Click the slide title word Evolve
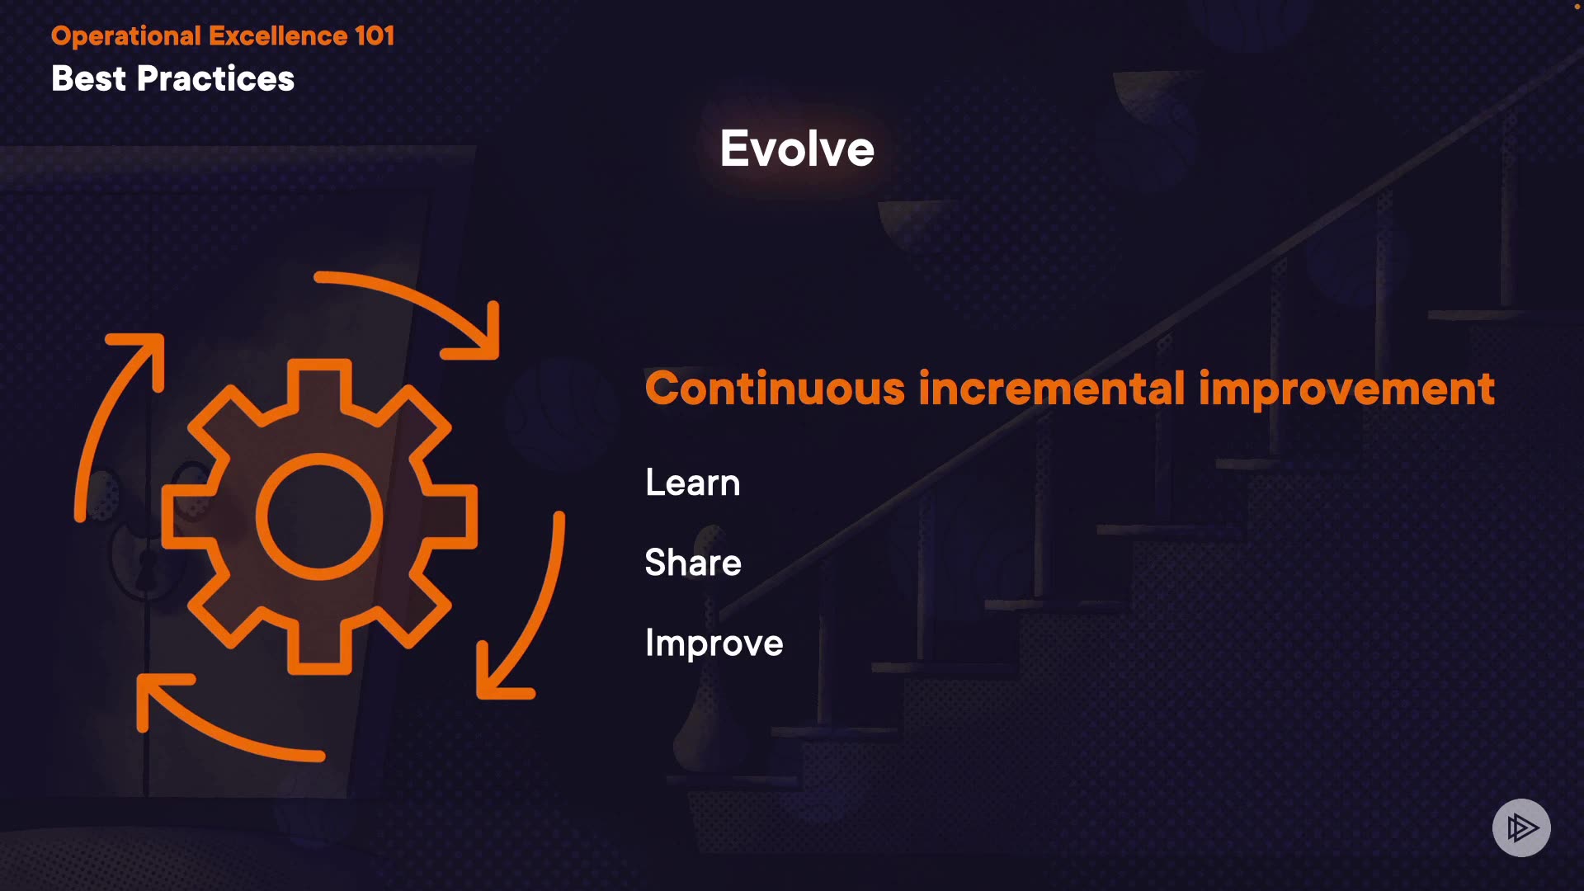click(x=797, y=149)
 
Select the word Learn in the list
click(x=693, y=483)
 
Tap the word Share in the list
click(x=693, y=563)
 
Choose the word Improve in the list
click(x=714, y=643)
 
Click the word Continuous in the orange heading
click(x=775, y=389)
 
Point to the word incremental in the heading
click(x=1052, y=389)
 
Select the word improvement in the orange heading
click(x=1346, y=390)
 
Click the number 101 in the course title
click(x=375, y=36)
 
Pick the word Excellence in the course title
click(x=278, y=36)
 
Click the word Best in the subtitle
click(x=89, y=79)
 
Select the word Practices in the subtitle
click(x=215, y=79)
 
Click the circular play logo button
click(x=1521, y=827)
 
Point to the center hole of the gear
click(x=319, y=516)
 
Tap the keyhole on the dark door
click(x=147, y=569)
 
